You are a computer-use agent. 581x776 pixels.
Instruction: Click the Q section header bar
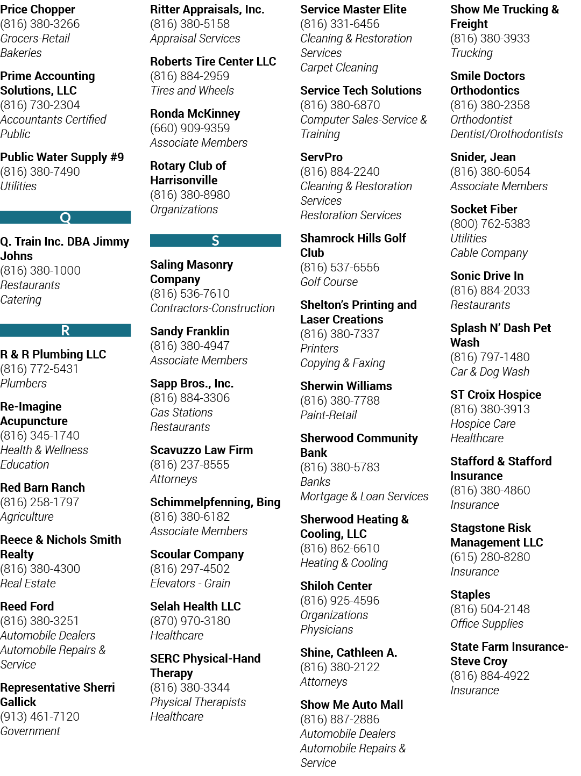[65, 217]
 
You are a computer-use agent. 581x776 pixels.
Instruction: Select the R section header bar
[65, 330]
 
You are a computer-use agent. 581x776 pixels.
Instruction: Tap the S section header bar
[215, 240]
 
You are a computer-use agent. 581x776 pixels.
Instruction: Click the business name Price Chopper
[38, 10]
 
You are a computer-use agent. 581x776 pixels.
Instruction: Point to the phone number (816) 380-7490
[40, 172]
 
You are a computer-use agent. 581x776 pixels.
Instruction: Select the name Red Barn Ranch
[42, 487]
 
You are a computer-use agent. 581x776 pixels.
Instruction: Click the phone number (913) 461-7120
[40, 716]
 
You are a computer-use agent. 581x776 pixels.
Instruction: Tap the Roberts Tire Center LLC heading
[213, 61]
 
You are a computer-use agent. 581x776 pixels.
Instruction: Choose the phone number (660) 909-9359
[190, 128]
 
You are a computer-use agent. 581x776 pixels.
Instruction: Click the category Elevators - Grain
[190, 583]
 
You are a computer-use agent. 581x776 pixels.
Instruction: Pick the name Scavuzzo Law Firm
[201, 450]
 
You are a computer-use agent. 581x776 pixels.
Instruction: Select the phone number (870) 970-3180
[190, 621]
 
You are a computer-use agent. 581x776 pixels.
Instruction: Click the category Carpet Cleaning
[339, 68]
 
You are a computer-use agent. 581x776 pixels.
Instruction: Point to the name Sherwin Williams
[346, 386]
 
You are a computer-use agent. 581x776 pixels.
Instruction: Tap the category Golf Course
[329, 282]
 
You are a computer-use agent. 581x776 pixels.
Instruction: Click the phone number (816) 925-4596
[339, 600]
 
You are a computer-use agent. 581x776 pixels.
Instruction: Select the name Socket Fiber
[483, 209]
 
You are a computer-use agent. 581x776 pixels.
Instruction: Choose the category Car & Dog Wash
[490, 371]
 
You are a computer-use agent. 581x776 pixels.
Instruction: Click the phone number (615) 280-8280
[490, 557]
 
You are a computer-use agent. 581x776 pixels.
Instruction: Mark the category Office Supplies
[486, 623]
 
